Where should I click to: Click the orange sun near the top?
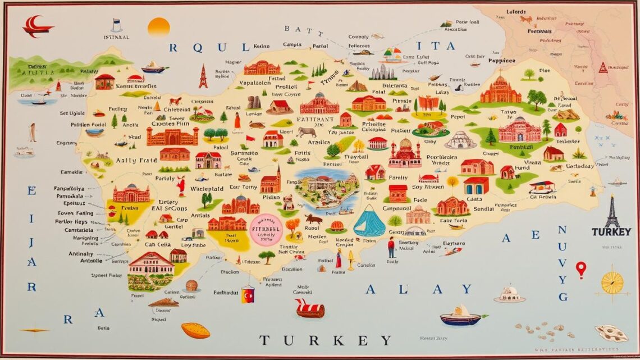coord(158,27)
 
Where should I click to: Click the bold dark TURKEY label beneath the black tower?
coord(611,232)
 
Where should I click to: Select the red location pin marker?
coord(580,269)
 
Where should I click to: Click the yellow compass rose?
coord(612,282)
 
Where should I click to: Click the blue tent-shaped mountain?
coord(369,221)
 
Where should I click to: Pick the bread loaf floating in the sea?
coord(195,330)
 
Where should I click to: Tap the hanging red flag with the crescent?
coord(248,295)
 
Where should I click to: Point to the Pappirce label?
coord(502,60)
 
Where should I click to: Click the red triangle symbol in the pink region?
coord(602,68)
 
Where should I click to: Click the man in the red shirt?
coord(391,247)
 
